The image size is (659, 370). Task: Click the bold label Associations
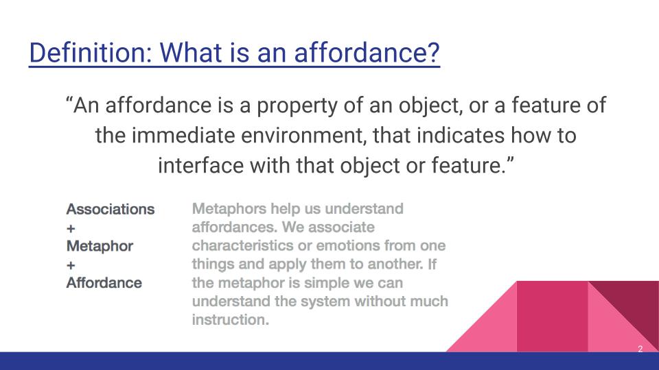coord(110,209)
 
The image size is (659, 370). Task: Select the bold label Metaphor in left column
coord(100,246)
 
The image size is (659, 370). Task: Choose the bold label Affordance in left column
coord(104,283)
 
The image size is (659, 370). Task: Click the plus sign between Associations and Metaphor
coord(71,227)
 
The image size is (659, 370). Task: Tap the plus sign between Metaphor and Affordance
coord(71,264)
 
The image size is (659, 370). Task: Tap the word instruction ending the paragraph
coord(229,319)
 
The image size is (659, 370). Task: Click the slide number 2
coord(640,349)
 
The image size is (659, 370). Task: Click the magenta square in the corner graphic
coord(552,315)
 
